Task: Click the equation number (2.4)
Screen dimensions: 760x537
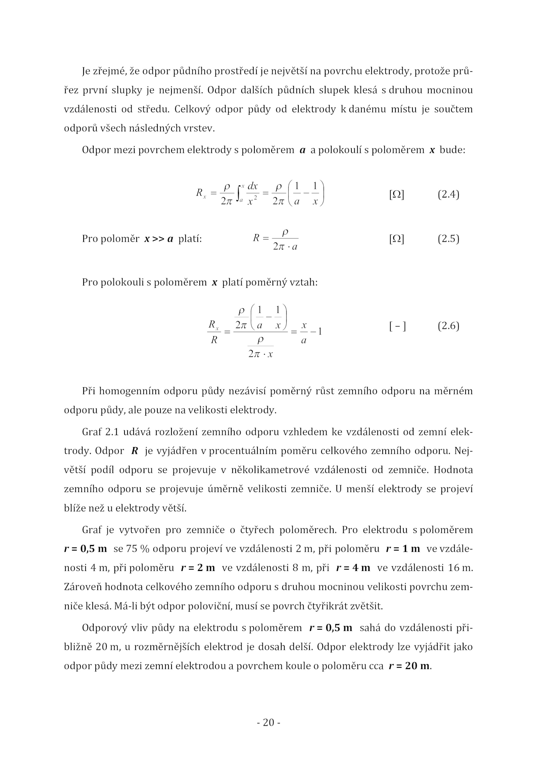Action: (448, 195)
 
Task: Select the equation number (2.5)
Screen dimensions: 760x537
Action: (448, 239)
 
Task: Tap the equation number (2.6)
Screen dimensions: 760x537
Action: (448, 326)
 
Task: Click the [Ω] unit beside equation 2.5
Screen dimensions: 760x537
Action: (396, 239)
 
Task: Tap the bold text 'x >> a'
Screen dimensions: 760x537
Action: (159, 239)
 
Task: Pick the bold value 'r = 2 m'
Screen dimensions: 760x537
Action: (198, 568)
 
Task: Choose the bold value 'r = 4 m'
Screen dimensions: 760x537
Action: (353, 568)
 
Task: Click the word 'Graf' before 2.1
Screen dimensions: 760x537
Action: (91, 432)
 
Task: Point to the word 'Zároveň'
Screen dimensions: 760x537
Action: (82, 587)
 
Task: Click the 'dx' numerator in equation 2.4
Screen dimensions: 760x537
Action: (252, 186)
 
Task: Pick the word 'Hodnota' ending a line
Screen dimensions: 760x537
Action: (453, 470)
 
